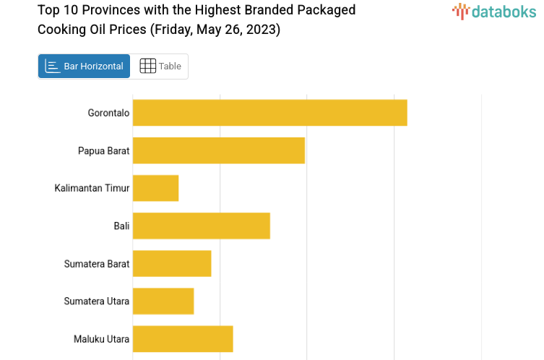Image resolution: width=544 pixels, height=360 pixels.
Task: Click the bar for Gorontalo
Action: (x=269, y=113)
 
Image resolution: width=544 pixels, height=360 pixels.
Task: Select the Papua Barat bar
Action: (x=218, y=150)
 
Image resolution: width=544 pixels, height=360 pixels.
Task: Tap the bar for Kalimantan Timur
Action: (x=155, y=188)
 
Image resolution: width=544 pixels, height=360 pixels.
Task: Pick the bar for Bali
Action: (x=201, y=226)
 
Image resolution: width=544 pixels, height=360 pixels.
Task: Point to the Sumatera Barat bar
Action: (x=172, y=263)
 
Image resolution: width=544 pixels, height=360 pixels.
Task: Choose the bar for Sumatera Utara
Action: (x=163, y=301)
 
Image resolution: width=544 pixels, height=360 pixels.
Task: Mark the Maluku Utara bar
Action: (x=183, y=338)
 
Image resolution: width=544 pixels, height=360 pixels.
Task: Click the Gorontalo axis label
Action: (x=108, y=113)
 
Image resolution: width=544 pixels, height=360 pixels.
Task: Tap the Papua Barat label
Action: (x=103, y=150)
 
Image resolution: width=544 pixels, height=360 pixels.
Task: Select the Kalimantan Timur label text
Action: (x=92, y=188)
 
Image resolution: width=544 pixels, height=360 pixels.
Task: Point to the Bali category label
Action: (x=121, y=226)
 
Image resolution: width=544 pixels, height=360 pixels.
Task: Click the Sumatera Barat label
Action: (x=97, y=263)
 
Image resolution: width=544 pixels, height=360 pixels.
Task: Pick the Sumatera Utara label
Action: (x=97, y=301)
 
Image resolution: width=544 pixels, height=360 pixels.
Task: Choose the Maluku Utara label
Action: (x=101, y=338)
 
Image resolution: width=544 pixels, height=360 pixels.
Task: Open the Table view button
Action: (x=160, y=67)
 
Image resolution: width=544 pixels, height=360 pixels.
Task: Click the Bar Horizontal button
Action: (x=84, y=67)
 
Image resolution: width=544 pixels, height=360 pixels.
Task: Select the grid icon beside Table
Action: (x=147, y=67)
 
